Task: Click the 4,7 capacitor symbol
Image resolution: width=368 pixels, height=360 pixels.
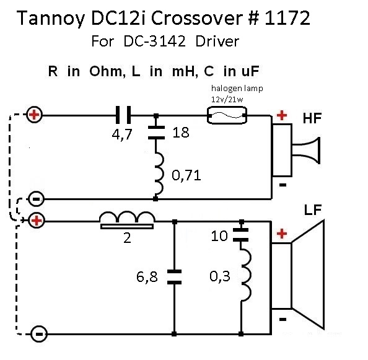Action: (123, 115)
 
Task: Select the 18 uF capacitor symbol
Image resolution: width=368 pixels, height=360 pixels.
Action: (156, 133)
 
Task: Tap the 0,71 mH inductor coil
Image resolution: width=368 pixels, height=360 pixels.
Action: (159, 173)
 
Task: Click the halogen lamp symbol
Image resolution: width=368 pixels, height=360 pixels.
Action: (227, 115)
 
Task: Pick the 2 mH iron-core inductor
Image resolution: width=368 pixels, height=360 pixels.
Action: (127, 221)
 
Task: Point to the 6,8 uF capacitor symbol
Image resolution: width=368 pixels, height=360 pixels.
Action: (174, 277)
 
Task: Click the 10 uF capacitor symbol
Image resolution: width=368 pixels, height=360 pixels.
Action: (241, 235)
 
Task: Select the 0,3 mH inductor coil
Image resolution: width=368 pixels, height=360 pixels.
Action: (246, 275)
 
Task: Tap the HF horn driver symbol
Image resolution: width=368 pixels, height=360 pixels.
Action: (296, 150)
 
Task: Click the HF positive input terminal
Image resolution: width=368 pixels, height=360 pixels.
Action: (34, 115)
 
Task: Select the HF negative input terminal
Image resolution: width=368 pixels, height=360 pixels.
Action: (36, 200)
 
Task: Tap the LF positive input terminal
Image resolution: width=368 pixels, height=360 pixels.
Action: (36, 221)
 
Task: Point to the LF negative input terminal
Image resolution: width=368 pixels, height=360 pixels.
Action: (39, 334)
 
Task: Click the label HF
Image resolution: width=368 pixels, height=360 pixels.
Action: (312, 118)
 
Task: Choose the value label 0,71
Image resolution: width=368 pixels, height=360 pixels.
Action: (186, 175)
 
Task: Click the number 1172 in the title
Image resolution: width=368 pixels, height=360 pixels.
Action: (287, 18)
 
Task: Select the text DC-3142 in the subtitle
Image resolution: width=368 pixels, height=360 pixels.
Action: (155, 42)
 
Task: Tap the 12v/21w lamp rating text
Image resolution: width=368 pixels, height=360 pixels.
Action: (227, 100)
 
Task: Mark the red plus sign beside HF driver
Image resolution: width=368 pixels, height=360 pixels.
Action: (282, 115)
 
